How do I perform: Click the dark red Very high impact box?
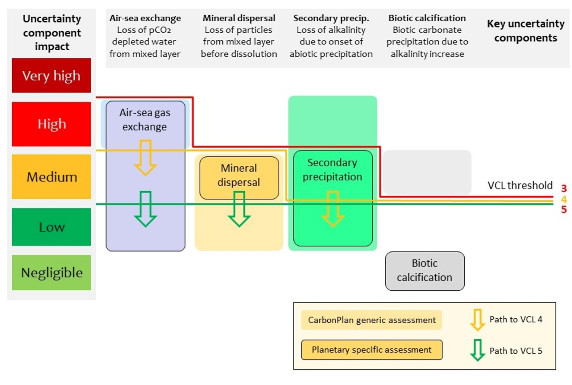(x=51, y=75)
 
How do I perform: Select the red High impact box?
(x=51, y=124)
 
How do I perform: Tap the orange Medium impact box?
(x=51, y=177)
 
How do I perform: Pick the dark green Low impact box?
(x=51, y=227)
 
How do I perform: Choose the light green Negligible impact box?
(x=51, y=272)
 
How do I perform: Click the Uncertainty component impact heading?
(x=52, y=32)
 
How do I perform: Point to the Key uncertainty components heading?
(x=525, y=31)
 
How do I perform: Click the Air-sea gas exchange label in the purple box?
(x=145, y=120)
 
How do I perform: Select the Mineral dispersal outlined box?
(x=239, y=175)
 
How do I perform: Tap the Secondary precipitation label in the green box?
(x=332, y=170)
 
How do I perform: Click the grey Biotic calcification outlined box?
(x=425, y=271)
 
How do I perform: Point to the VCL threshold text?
(x=520, y=185)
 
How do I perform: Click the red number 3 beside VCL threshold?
(x=564, y=189)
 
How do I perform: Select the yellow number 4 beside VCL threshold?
(x=564, y=199)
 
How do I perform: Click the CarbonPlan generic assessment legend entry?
(x=371, y=320)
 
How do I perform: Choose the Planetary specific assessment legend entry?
(x=371, y=350)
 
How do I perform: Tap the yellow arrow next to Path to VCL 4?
(x=477, y=320)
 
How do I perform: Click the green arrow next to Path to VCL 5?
(x=477, y=350)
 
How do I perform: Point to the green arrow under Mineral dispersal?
(x=239, y=209)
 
